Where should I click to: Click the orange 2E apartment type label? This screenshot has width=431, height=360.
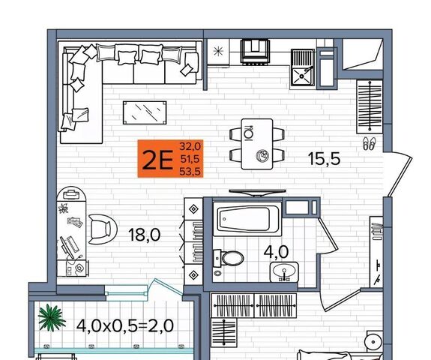170,159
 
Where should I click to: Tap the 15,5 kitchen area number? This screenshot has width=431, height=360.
324,159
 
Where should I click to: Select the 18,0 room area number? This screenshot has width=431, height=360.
145,235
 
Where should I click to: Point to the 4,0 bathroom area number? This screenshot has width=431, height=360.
276,252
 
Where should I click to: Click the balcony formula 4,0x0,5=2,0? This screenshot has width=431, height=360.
125,326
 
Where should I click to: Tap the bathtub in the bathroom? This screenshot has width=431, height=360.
247,219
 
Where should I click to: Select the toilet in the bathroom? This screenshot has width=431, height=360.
229,258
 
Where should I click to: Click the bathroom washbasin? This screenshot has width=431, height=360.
284,271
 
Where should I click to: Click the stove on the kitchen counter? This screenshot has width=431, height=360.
255,52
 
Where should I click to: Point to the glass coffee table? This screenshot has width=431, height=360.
145,112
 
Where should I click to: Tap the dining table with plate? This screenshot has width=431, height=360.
257,144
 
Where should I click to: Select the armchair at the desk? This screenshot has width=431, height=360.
103,229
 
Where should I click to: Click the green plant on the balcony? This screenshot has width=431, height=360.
52,318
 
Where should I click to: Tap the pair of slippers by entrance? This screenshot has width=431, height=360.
369,144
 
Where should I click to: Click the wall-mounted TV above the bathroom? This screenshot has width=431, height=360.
257,193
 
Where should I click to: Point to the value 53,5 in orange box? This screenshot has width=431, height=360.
190,172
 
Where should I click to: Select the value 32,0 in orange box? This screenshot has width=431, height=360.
190,146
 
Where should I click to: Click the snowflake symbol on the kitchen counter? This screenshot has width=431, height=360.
219,52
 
